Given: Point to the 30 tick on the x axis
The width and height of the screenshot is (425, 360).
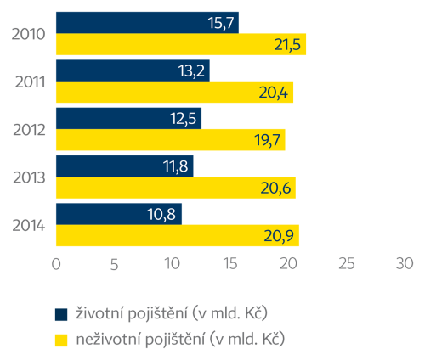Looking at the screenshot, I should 404,264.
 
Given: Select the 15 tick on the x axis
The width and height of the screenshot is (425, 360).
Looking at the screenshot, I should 229,264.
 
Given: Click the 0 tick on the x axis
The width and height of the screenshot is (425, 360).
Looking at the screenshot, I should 56,264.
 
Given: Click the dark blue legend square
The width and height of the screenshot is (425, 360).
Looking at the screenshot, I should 61,313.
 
